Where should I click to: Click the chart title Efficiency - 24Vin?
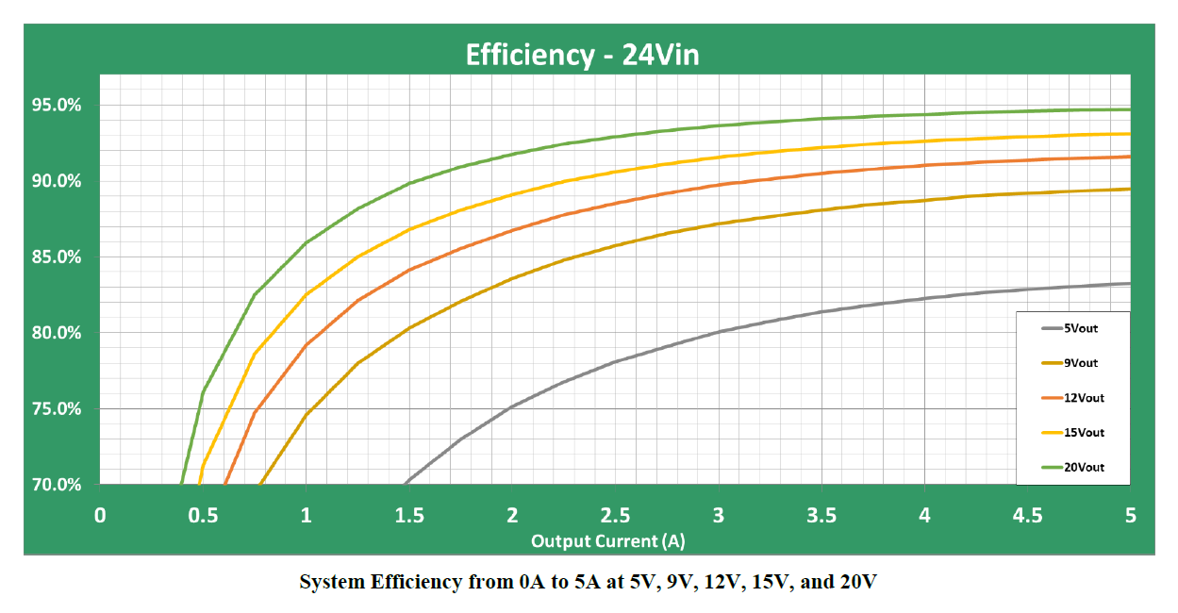[x=582, y=56]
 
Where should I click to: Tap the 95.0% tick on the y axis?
[x=57, y=105]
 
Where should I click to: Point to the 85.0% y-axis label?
[x=57, y=257]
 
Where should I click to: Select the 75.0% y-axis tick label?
[x=57, y=408]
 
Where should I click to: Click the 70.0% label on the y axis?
[x=57, y=485]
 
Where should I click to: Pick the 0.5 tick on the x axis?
[x=202, y=515]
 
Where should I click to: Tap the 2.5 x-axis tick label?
[x=615, y=515]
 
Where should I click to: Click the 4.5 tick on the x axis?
[x=1027, y=515]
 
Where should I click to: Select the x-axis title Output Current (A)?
[x=607, y=540]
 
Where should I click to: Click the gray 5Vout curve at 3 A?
[x=719, y=332]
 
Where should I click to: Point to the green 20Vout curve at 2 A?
[x=512, y=154]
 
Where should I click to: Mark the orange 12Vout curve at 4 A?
[x=924, y=165]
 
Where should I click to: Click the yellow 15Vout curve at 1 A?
[x=306, y=295]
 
